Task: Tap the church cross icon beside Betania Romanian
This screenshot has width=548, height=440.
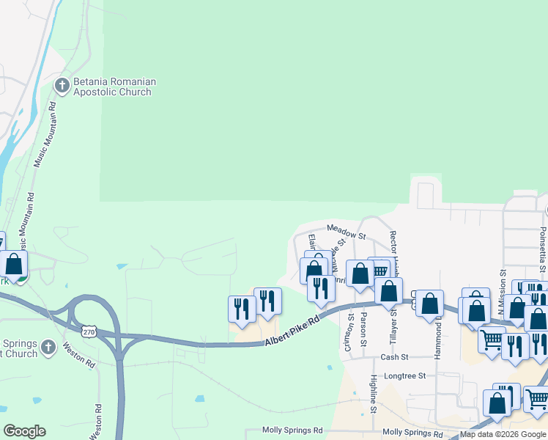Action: coord(62,86)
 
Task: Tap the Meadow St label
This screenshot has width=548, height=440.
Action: coord(346,232)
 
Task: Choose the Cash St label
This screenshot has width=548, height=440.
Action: coord(394,357)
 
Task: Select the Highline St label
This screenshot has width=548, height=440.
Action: coord(373,392)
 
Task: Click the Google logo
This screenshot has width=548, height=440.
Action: coord(24,431)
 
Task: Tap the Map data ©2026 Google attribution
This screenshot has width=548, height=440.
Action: coord(503,435)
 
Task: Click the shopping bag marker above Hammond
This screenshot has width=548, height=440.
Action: coord(429,302)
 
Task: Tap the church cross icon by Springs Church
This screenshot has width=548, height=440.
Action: coord(48,347)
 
